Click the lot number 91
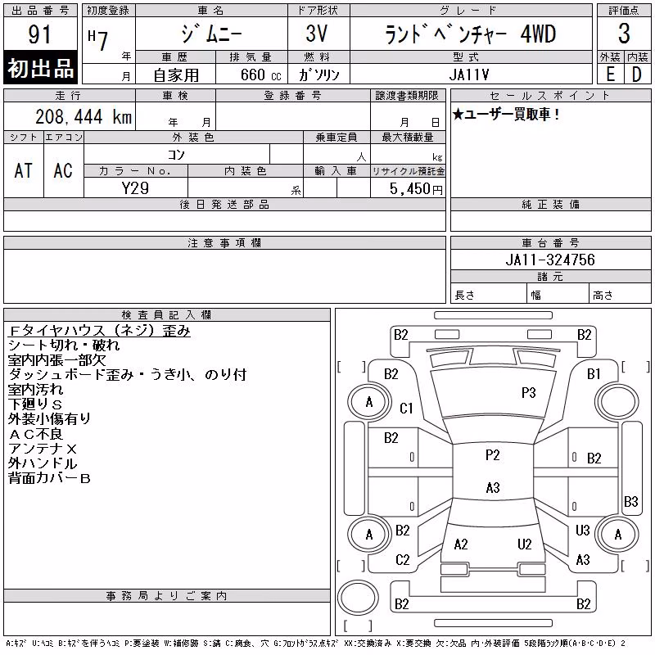click(39, 34)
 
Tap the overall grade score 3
click(624, 34)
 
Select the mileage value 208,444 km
click(84, 116)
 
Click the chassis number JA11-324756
click(550, 260)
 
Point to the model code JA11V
click(469, 75)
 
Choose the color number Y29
click(135, 188)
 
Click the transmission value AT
click(24, 170)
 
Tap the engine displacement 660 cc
click(261, 75)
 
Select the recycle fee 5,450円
click(416, 189)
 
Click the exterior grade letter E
click(610, 75)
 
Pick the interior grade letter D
click(636, 75)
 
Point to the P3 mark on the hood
click(528, 392)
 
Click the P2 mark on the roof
click(493, 454)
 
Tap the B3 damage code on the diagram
click(630, 501)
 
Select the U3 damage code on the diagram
click(582, 530)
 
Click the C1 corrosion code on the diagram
click(406, 408)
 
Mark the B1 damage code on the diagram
click(594, 374)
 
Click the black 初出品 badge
click(40, 68)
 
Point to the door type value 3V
click(316, 34)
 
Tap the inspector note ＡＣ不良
click(35, 434)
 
